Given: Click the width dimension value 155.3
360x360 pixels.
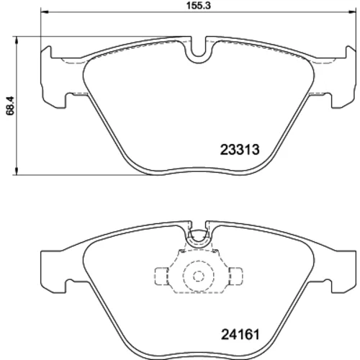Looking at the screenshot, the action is click(x=199, y=6).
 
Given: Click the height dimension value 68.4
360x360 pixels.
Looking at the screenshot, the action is click(x=11, y=106).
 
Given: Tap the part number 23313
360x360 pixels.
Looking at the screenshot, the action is click(x=240, y=150).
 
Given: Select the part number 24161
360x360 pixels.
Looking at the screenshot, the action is click(x=240, y=334).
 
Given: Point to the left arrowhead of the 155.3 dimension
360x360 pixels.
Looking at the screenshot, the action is click(x=45, y=11).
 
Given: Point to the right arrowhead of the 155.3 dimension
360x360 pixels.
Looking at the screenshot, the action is click(x=352, y=11).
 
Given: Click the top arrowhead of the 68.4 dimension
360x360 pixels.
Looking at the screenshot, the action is click(x=17, y=40).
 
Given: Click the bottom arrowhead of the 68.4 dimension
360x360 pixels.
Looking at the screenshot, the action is click(x=17, y=171).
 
